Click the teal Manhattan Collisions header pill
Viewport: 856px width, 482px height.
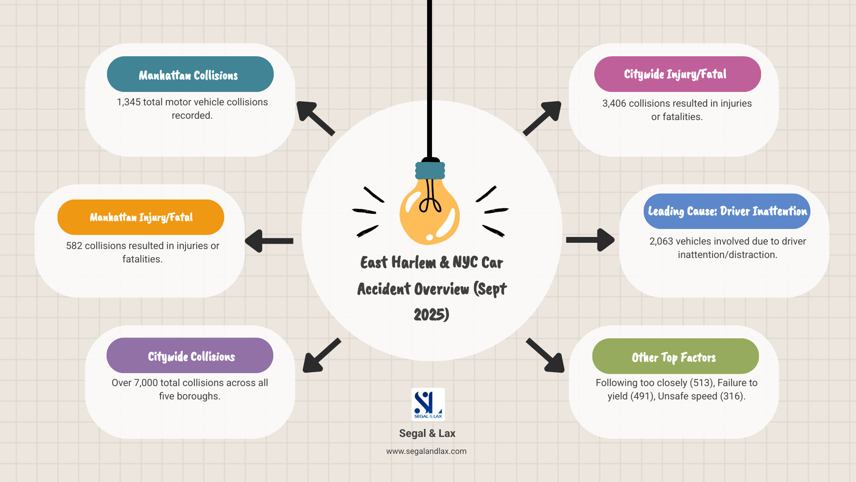(190, 74)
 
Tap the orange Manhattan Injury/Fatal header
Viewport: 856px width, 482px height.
(140, 217)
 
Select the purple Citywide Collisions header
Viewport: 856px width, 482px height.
(189, 356)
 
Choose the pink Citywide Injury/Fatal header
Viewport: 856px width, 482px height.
(677, 74)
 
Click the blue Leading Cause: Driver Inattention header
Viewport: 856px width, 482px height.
(727, 211)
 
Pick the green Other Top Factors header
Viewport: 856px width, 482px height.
(675, 357)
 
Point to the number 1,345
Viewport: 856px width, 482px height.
(128, 102)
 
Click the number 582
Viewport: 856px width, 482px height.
(74, 246)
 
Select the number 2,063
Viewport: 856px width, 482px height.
(661, 241)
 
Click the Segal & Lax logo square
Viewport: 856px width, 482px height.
(428, 404)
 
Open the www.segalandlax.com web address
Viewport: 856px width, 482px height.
(426, 451)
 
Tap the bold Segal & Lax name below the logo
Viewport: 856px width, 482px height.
(427, 433)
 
